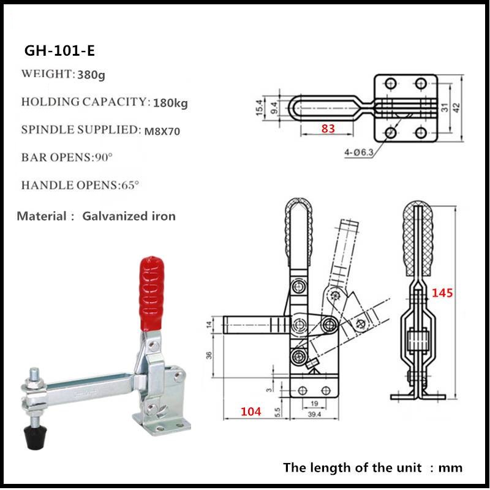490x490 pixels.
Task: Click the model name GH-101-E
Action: (x=59, y=50)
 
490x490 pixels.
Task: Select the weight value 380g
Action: (x=91, y=75)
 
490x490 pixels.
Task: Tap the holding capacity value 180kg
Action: (x=170, y=102)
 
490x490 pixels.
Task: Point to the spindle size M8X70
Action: (x=162, y=131)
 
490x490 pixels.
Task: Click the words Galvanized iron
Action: (x=129, y=216)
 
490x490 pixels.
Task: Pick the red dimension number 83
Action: (x=328, y=128)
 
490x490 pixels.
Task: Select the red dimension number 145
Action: (x=442, y=293)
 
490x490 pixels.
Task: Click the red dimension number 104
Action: (x=251, y=411)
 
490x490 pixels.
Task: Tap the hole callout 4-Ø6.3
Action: (x=359, y=152)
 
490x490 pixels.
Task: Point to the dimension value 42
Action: (x=456, y=108)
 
